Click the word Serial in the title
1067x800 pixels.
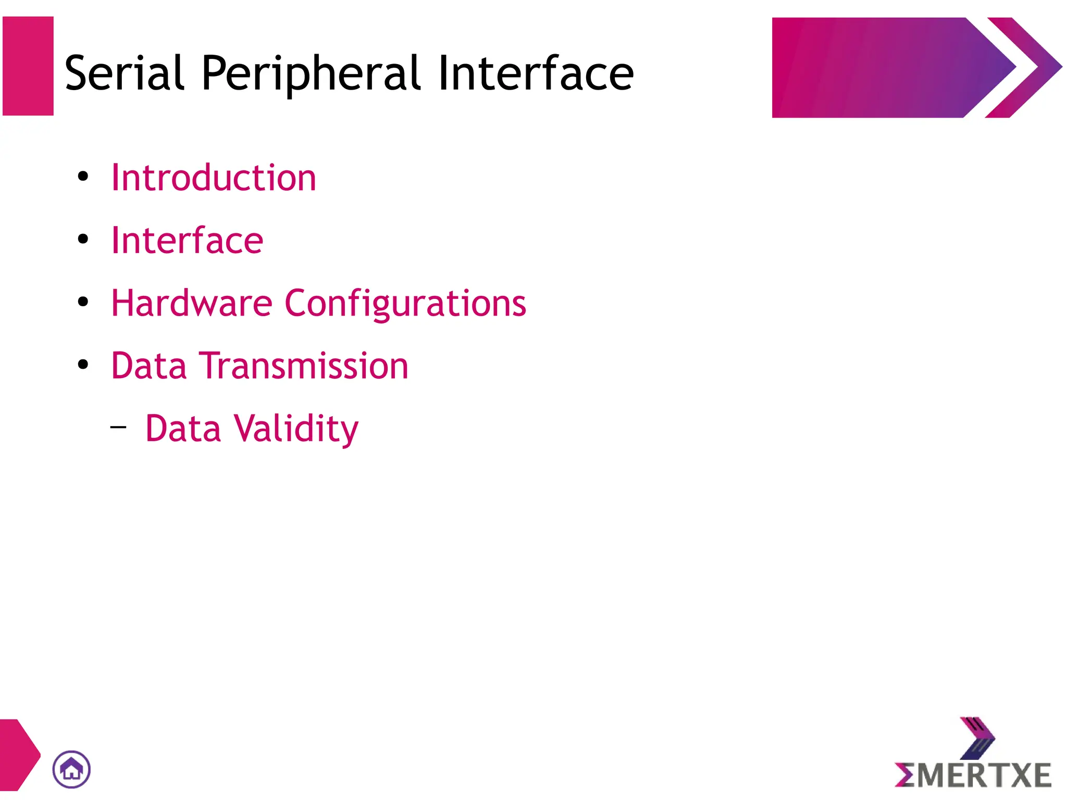(x=125, y=73)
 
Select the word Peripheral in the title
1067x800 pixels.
(x=311, y=73)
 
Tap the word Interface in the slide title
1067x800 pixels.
(x=536, y=73)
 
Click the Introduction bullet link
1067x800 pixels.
(x=214, y=178)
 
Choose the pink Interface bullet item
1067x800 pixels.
(x=187, y=241)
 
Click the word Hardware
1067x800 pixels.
(x=192, y=303)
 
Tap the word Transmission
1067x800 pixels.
(x=306, y=366)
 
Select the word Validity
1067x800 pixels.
(x=296, y=429)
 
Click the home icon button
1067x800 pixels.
(x=71, y=769)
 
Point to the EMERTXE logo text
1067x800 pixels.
(x=973, y=776)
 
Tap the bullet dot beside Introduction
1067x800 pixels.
(x=83, y=177)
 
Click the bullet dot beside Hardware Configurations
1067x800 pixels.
(x=83, y=302)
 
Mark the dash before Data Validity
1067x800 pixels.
(x=118, y=427)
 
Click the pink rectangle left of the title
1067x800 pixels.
(x=28, y=66)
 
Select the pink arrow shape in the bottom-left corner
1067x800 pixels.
(x=18, y=755)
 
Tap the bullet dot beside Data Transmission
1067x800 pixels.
(x=83, y=364)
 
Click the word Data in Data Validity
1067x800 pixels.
(x=183, y=429)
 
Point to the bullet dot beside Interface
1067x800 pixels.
(x=83, y=239)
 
